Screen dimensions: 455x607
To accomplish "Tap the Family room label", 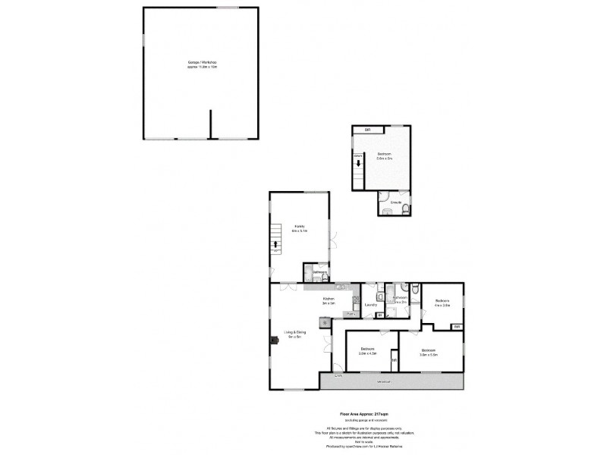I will [x=300, y=227].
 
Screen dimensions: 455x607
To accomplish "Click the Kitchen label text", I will [x=329, y=300].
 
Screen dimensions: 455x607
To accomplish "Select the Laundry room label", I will [x=371, y=305].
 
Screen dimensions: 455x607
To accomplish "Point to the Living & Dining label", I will [x=294, y=333].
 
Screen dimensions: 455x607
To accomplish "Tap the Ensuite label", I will [x=395, y=202].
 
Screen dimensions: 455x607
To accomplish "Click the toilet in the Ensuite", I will [x=407, y=209].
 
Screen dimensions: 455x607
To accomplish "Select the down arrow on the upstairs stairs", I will [x=358, y=162].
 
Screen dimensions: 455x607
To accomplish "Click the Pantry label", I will [x=351, y=313].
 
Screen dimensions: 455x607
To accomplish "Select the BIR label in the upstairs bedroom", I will [x=367, y=130].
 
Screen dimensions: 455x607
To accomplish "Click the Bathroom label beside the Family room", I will [x=319, y=272].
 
